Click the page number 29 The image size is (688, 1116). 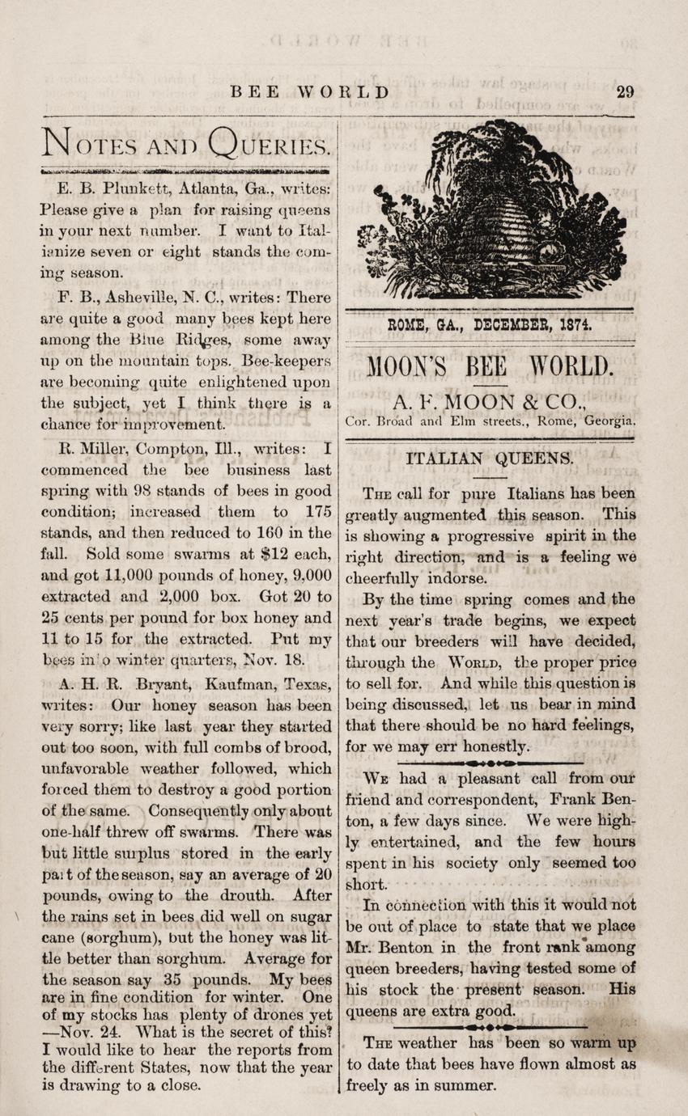click(624, 91)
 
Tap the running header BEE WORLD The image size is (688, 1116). click(310, 91)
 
